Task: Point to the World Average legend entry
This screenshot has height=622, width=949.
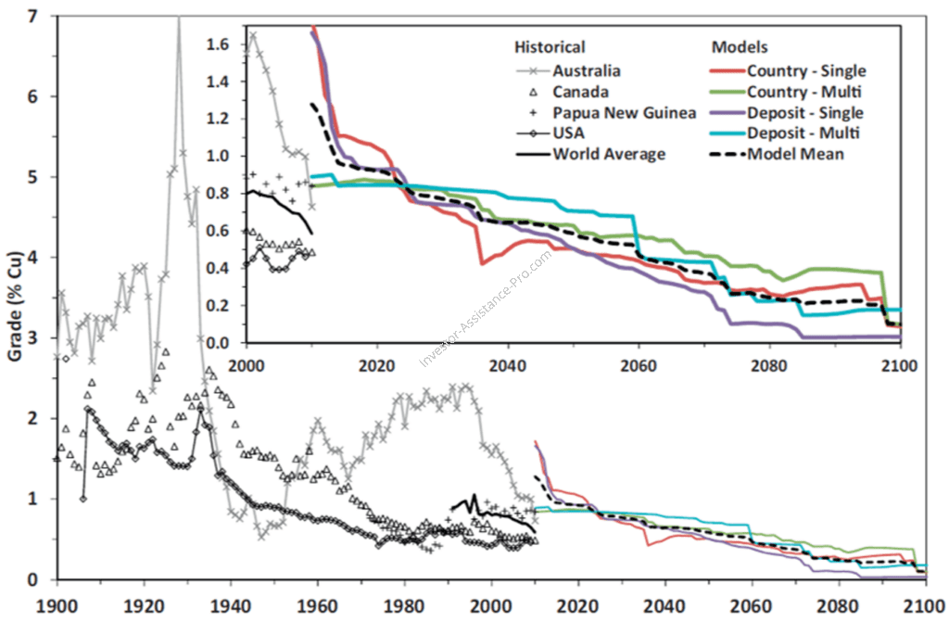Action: (609, 154)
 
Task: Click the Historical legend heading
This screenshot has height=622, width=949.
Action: (550, 47)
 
